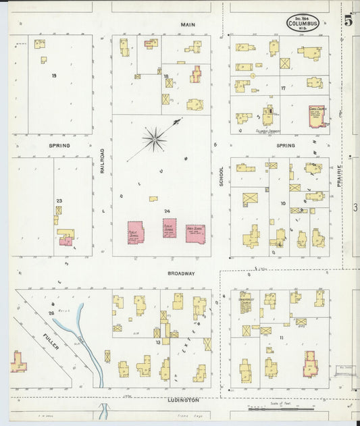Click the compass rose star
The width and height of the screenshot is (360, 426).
155,140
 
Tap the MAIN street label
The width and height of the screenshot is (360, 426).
188,24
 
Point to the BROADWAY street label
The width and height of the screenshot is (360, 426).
182,273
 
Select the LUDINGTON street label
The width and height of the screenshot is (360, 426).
182,400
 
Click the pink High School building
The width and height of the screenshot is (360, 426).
195,234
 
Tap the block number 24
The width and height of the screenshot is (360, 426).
166,211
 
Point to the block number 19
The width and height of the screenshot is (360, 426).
53,75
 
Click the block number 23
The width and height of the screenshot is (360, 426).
59,201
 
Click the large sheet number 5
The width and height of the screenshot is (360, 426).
349,20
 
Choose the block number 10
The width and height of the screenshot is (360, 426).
284,203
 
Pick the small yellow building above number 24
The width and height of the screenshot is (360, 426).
153,198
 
